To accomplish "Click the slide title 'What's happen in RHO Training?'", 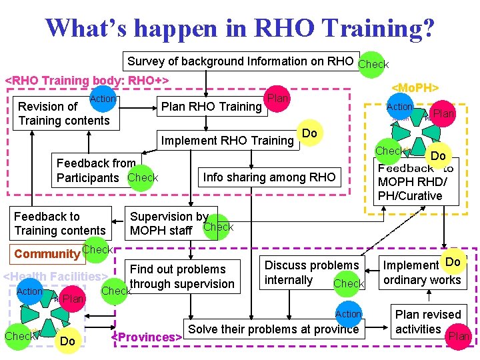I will pos(240,28).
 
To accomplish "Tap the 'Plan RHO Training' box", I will pos(211,107).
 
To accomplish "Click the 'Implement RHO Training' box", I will pos(227,140).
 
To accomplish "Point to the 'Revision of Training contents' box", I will pos(64,113).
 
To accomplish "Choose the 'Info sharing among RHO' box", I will pos(269,177).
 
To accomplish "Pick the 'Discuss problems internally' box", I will pos(312,273).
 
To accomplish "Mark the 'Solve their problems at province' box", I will pos(274,329).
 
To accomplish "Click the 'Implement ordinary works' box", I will pos(422,273).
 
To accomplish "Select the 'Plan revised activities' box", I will pos(427,321).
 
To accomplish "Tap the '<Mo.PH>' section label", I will pos(414,87).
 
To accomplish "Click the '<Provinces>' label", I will pos(147,337).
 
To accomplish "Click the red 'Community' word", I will pos(47,254).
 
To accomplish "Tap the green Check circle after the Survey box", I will pos(372,64).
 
